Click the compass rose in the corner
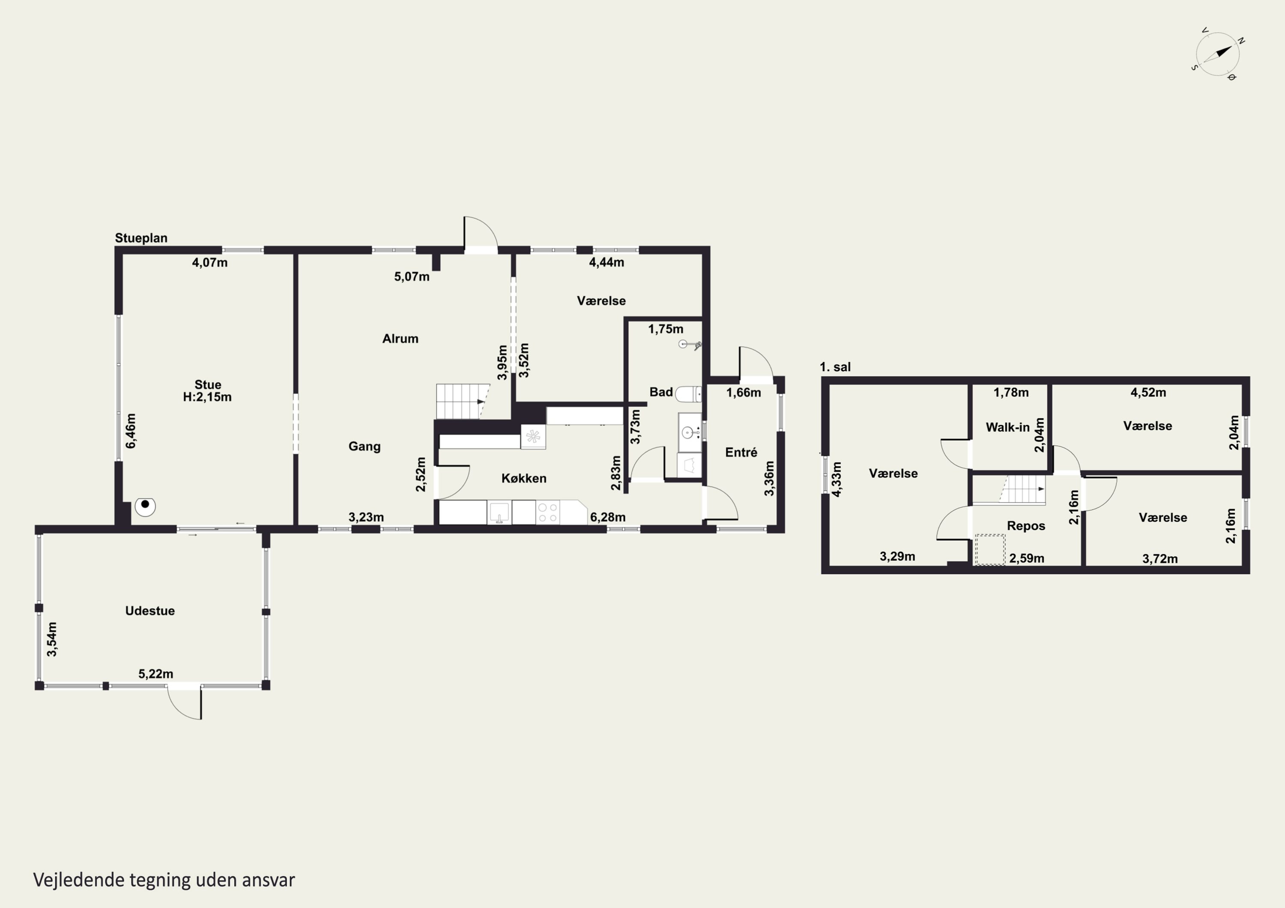pos(1217,54)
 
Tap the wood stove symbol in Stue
pos(145,506)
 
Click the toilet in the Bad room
pos(688,394)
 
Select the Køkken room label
pos(523,478)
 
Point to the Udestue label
pos(150,611)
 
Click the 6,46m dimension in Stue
pos(130,431)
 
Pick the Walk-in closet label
pos(1007,427)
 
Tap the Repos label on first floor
pos(1026,526)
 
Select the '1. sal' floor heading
pos(835,367)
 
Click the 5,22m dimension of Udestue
pos(155,674)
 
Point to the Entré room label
pos(741,452)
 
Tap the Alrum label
pos(400,339)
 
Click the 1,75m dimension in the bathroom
pos(666,329)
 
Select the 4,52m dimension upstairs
pos(1148,392)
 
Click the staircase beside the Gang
pos(462,401)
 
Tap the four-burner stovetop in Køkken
pos(548,513)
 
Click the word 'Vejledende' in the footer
pos(79,880)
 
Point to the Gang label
pos(365,447)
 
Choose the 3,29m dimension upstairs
pos(897,556)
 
